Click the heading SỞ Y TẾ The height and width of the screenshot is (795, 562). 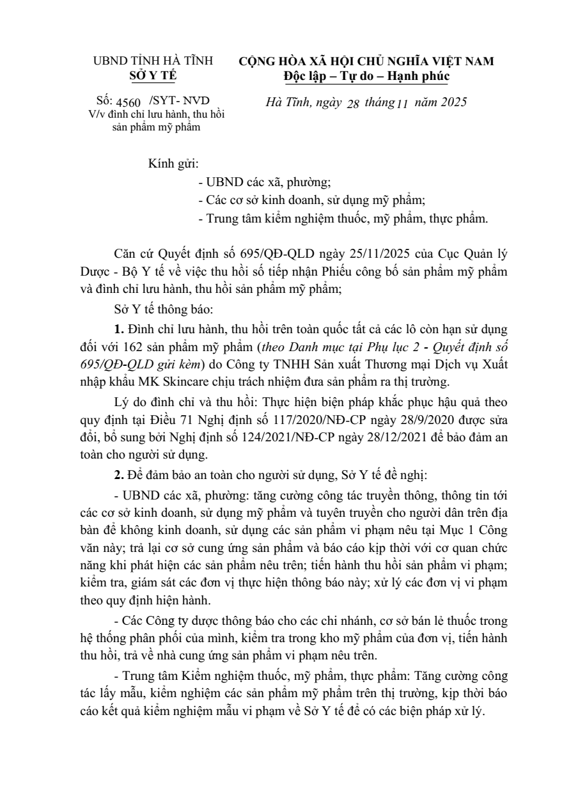click(152, 76)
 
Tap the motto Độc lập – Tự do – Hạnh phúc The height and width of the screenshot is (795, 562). click(366, 76)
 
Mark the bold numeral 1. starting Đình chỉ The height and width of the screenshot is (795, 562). click(121, 331)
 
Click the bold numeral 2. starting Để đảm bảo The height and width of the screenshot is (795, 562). click(121, 476)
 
